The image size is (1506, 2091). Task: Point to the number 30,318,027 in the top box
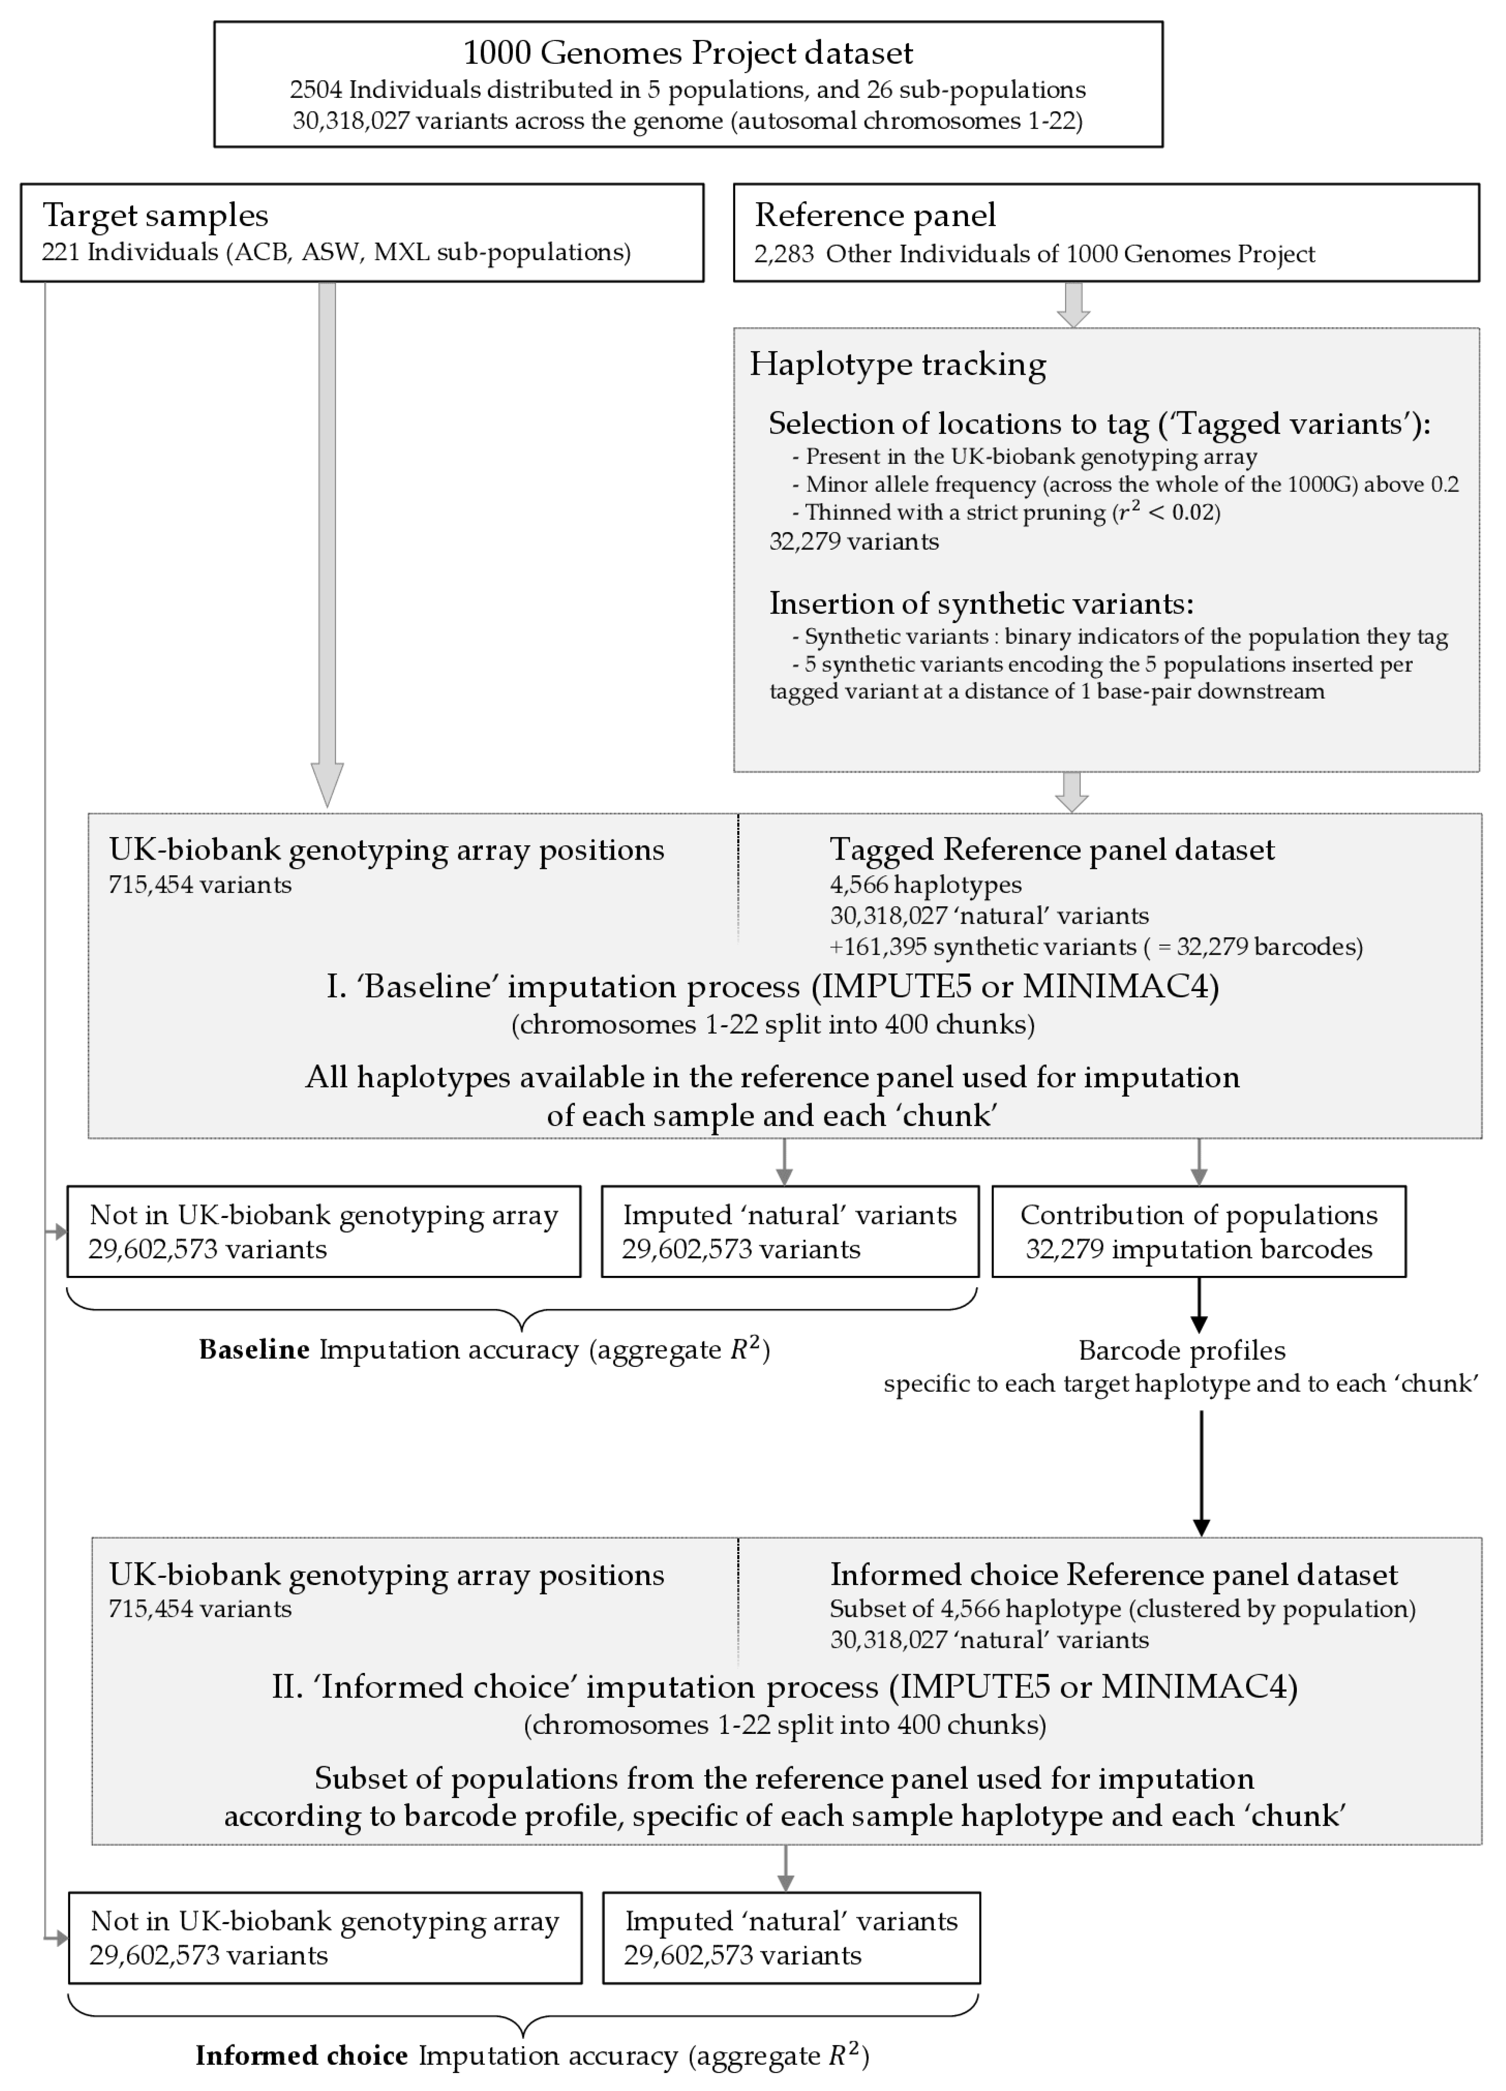point(350,121)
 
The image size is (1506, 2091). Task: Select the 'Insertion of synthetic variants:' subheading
point(981,603)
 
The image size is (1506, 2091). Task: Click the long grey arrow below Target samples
point(327,535)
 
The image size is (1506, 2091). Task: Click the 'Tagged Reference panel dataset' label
point(1051,849)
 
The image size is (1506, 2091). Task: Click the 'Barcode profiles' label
point(1182,1351)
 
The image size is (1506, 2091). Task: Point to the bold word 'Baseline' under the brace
point(254,1350)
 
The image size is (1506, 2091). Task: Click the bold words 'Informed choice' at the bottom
point(302,2056)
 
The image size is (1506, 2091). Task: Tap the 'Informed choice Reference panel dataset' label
point(1113,1575)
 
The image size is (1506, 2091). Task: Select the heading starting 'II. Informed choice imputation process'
point(784,1686)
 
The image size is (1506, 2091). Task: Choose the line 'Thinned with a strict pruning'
point(1011,513)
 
